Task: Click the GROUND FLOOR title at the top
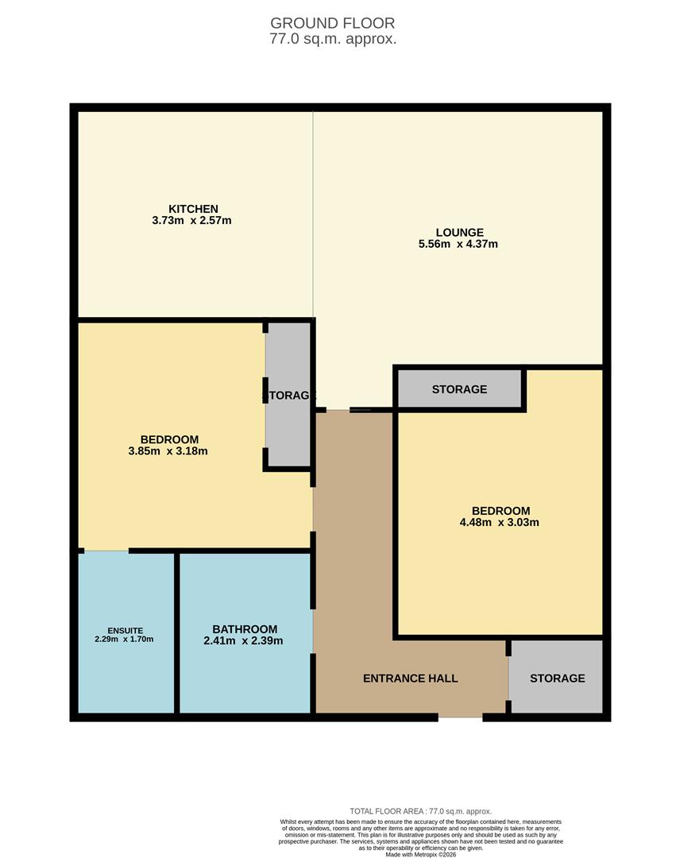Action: click(x=332, y=23)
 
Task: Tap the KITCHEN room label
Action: click(x=193, y=209)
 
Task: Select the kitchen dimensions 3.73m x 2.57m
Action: click(x=191, y=221)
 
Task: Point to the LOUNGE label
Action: click(x=459, y=233)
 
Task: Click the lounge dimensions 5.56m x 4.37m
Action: click(x=458, y=245)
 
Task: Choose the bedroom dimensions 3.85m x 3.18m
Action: click(x=168, y=451)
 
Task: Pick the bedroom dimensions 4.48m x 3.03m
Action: click(x=500, y=523)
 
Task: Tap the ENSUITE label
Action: click(x=126, y=630)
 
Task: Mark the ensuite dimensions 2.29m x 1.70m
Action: click(x=124, y=640)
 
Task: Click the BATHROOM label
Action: click(x=245, y=629)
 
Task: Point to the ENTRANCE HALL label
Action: click(x=410, y=678)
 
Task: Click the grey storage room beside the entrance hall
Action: click(x=557, y=678)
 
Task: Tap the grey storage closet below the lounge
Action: click(x=459, y=389)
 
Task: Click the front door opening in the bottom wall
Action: click(x=460, y=717)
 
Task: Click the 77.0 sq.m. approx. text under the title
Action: click(x=333, y=39)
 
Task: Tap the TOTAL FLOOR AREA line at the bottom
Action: click(x=420, y=811)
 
